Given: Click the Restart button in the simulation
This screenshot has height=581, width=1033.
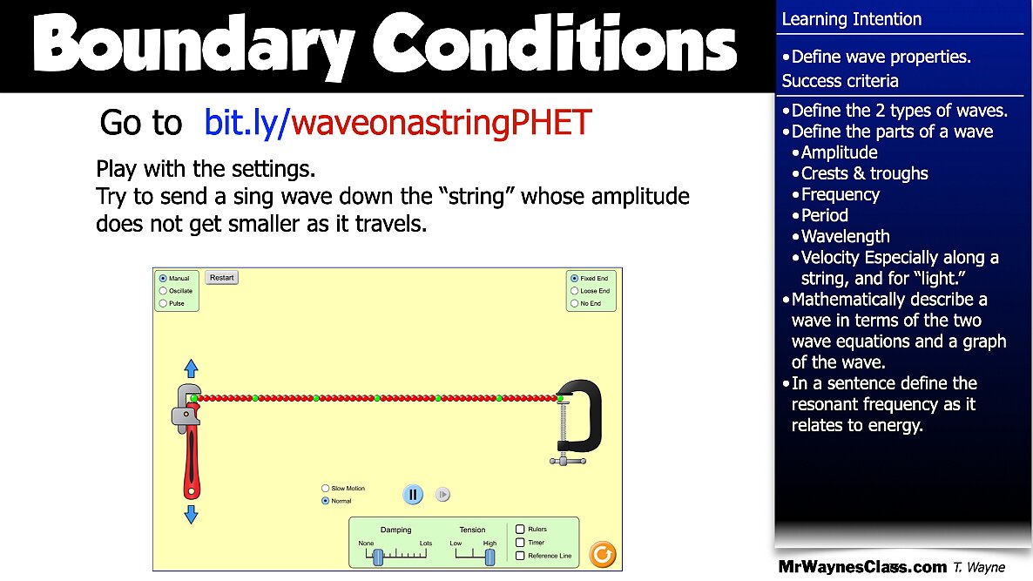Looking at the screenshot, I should pyautogui.click(x=221, y=278).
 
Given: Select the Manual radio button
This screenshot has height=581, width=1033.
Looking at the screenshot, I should pyautogui.click(x=163, y=279).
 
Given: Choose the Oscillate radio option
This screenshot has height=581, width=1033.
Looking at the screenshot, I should pyautogui.click(x=163, y=291).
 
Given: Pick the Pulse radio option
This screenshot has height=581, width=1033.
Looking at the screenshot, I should pyautogui.click(x=163, y=303).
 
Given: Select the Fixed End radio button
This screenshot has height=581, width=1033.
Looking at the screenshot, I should pyautogui.click(x=574, y=279).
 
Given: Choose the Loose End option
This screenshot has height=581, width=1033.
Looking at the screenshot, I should pyautogui.click(x=574, y=291).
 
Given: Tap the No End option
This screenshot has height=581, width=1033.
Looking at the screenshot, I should pyautogui.click(x=574, y=303).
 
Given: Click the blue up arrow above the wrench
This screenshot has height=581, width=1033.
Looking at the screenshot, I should pyautogui.click(x=192, y=368).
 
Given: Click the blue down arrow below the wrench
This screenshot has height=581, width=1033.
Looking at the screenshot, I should pyautogui.click(x=192, y=515).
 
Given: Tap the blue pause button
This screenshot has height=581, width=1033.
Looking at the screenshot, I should pyautogui.click(x=413, y=495).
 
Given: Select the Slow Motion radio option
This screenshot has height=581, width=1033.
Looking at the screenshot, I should pyautogui.click(x=326, y=489).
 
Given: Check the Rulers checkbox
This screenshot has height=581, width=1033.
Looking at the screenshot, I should pyautogui.click(x=520, y=529).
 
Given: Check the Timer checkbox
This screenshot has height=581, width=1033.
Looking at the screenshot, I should pyautogui.click(x=520, y=542).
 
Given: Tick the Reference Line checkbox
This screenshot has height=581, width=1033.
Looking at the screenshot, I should pyautogui.click(x=520, y=555).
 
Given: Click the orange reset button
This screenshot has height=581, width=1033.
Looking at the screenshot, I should pyautogui.click(x=602, y=554).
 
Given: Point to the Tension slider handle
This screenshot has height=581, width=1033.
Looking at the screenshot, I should pyautogui.click(x=489, y=555).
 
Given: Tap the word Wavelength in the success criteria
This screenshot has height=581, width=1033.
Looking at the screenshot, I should pyautogui.click(x=845, y=236).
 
